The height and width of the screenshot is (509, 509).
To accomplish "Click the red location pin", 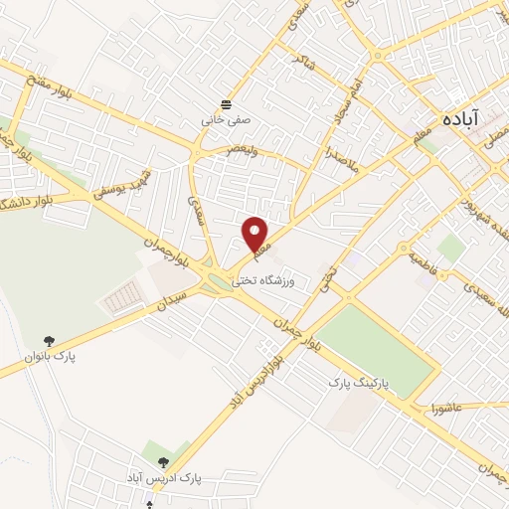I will pyautogui.click(x=256, y=234).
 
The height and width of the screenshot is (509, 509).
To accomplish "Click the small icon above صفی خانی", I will pyautogui.click(x=228, y=103).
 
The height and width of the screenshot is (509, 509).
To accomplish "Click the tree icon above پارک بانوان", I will pyautogui.click(x=51, y=340).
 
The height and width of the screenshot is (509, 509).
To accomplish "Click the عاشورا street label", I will pyautogui.click(x=448, y=408).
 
